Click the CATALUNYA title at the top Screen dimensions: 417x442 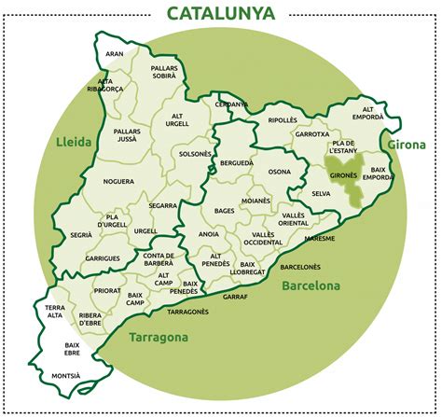coord(220,14)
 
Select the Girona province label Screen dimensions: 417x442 coord(407,145)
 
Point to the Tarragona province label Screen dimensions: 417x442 coord(159,337)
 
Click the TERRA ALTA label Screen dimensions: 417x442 coord(59,312)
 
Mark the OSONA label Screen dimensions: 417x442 coord(279,172)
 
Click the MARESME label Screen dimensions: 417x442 coord(319,238)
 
